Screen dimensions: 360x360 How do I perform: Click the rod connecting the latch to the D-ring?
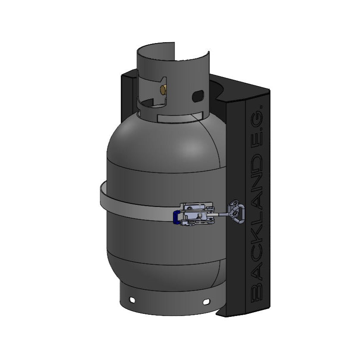222,214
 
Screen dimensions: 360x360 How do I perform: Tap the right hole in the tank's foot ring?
206,301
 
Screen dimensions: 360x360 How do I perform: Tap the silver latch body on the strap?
198,214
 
